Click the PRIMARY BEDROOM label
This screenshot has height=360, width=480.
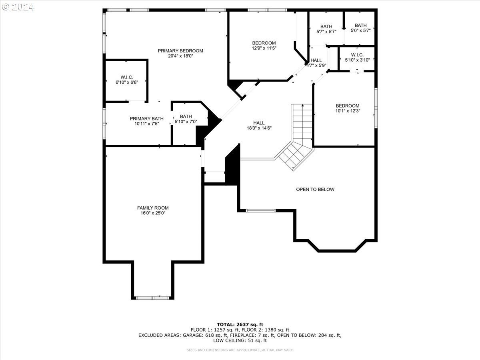click(180, 51)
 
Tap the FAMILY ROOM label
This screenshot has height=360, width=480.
click(153, 208)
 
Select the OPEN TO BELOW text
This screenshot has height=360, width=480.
click(315, 190)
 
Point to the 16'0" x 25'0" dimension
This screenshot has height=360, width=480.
click(153, 213)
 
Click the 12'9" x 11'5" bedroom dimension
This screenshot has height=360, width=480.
click(264, 48)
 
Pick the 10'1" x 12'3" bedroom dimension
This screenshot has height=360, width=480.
click(348, 111)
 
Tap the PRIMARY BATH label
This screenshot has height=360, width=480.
click(146, 118)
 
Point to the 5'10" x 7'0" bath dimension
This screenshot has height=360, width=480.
click(186, 122)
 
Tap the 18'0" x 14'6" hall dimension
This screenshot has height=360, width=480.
click(259, 128)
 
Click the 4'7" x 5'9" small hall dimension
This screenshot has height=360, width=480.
click(316, 65)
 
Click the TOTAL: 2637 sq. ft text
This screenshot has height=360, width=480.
click(240, 324)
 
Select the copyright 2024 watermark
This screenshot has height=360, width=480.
click(18, 7)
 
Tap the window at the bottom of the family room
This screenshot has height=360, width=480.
click(152, 298)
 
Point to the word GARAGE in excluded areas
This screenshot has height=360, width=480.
click(193, 335)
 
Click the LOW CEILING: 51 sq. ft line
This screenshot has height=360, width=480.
click(240, 340)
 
